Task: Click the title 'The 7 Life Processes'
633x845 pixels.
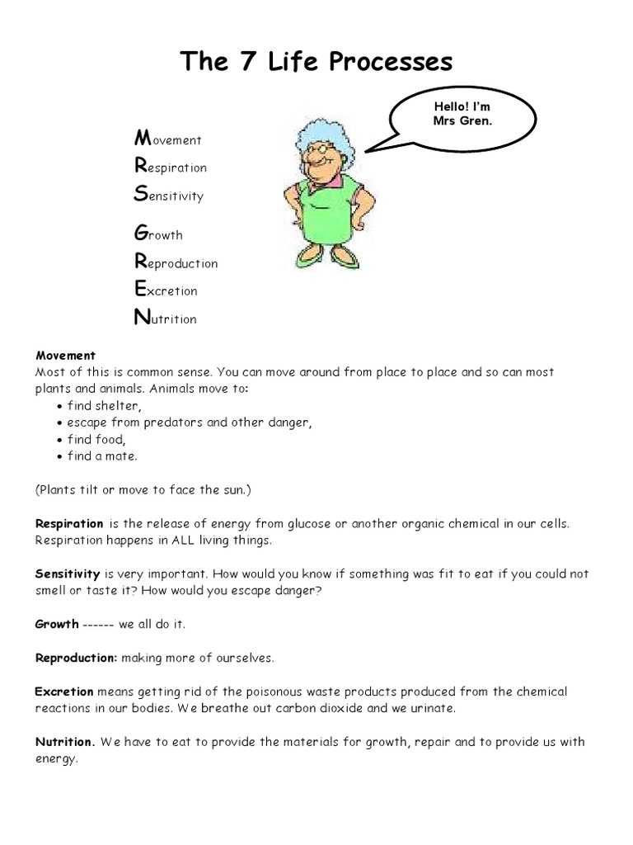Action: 316,62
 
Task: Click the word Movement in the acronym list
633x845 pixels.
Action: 167,139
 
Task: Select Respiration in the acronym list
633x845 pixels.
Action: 170,167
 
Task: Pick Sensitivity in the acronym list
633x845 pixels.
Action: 168,195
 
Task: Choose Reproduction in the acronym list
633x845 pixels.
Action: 176,262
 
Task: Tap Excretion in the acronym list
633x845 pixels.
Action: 165,290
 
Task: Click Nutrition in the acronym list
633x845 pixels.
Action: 165,318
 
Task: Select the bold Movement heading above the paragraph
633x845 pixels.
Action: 65,356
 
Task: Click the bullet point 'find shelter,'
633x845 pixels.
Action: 105,405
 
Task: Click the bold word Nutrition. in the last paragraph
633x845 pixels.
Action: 65,741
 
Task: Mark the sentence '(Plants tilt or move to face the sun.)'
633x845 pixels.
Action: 143,489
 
